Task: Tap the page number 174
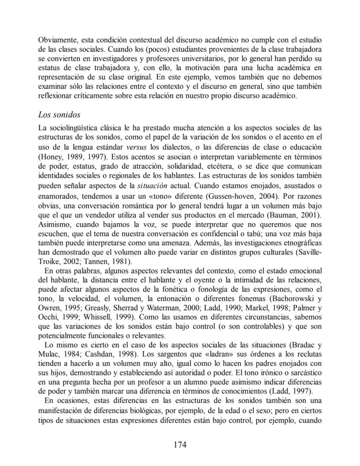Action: [x=180, y=445]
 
